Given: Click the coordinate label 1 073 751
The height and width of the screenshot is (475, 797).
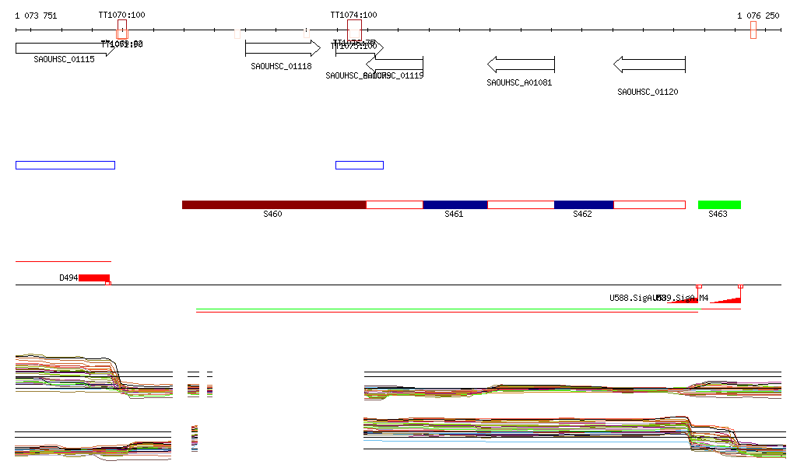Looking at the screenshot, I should [36, 16].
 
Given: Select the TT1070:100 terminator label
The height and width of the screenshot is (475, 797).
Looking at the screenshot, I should [121, 15].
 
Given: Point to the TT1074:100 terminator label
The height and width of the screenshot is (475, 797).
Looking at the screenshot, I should [353, 15].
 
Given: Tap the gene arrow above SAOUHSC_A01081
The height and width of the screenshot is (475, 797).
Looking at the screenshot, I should [521, 64].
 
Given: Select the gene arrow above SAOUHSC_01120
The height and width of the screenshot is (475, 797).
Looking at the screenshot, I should [649, 64].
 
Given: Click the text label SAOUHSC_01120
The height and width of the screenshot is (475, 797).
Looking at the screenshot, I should [648, 92].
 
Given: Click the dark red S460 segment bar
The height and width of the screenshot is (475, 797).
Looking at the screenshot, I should [274, 204].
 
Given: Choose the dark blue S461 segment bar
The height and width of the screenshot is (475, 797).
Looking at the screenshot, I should [455, 204].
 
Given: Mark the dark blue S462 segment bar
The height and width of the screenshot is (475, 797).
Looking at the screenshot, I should [584, 204].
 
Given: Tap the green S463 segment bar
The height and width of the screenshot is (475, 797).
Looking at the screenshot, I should [719, 204].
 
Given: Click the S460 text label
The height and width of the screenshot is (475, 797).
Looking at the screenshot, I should [272, 214].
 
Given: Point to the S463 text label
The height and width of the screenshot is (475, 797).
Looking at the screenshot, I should [718, 214].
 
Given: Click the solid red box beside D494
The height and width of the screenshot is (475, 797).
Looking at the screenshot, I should [94, 278].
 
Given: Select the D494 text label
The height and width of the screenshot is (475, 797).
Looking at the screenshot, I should [68, 278].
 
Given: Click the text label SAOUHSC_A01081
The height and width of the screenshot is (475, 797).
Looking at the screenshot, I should [519, 82].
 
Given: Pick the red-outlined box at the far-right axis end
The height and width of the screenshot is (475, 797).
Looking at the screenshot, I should [753, 30].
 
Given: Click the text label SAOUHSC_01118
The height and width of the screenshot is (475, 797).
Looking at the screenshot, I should [281, 67].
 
